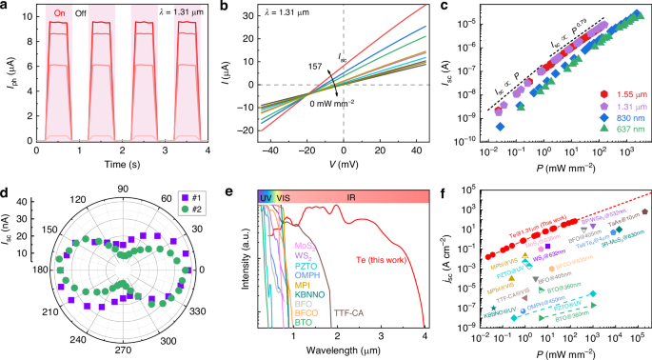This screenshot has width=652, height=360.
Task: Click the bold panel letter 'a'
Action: pyautogui.click(x=6, y=8)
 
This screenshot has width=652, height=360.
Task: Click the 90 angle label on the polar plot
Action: pyautogui.click(x=122, y=190)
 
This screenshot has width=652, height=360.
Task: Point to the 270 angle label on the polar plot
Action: pyautogui.click(x=122, y=350)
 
